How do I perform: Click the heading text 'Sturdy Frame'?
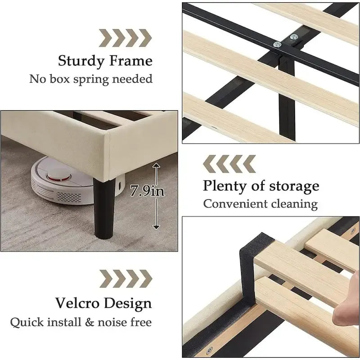(105, 61)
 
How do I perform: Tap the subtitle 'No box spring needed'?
(91, 79)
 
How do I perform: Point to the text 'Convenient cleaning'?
(261, 204)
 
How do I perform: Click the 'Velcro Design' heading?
(103, 303)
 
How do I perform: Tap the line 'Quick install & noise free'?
(81, 322)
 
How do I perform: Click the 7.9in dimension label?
(147, 190)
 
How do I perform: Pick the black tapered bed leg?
(104, 208)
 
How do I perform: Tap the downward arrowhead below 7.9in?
(156, 227)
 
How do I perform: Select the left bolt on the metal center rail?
(277, 45)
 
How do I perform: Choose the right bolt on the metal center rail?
(294, 37)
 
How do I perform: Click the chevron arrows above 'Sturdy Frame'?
(126, 38)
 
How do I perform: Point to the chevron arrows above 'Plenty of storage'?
(229, 164)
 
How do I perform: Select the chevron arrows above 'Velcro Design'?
(126, 279)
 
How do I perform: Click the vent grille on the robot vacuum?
(69, 198)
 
